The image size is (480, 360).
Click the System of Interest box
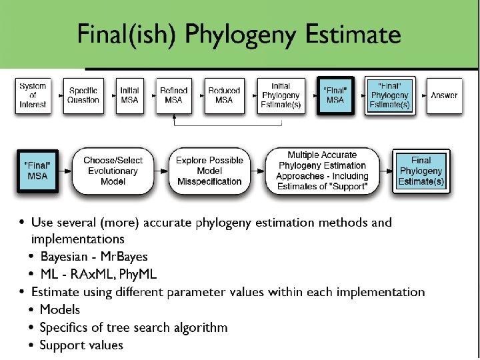(33, 95)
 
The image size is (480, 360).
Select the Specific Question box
(83, 95)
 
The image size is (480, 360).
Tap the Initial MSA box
(129, 95)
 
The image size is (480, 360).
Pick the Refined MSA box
(173, 95)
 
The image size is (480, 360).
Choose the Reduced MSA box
(224, 95)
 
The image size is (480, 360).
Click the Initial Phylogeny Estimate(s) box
(281, 95)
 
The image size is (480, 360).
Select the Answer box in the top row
(444, 95)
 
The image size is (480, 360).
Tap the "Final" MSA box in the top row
(335, 95)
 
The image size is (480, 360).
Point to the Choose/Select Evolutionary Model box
(113, 171)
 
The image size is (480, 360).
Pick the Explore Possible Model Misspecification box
(209, 171)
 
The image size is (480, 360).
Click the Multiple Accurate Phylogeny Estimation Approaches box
(323, 171)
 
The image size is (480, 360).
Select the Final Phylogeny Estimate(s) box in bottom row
(421, 171)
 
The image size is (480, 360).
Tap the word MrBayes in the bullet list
(124, 257)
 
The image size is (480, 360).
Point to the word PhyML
(139, 274)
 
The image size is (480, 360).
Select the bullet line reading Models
(59, 309)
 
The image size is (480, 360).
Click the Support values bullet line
(81, 345)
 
